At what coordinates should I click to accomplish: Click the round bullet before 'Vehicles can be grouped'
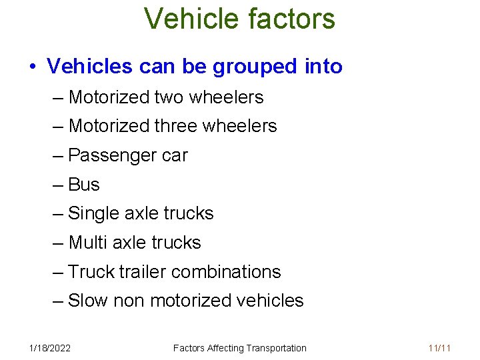click(32, 67)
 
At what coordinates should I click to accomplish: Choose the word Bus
click(84, 185)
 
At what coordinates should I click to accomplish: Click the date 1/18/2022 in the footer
click(51, 348)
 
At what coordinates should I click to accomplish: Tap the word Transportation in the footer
click(276, 348)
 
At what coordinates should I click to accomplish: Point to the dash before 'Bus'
click(58, 185)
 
